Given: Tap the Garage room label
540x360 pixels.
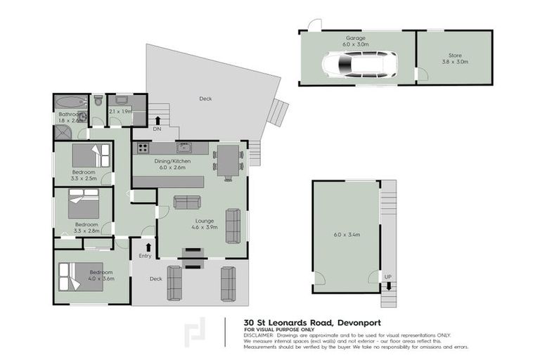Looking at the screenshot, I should (354, 41).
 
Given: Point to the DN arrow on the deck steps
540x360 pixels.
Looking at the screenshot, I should (157, 121).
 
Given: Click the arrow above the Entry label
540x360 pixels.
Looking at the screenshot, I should (147, 247).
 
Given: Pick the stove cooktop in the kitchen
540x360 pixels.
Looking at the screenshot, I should (142, 148).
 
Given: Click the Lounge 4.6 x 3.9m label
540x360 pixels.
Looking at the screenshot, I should (205, 224).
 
